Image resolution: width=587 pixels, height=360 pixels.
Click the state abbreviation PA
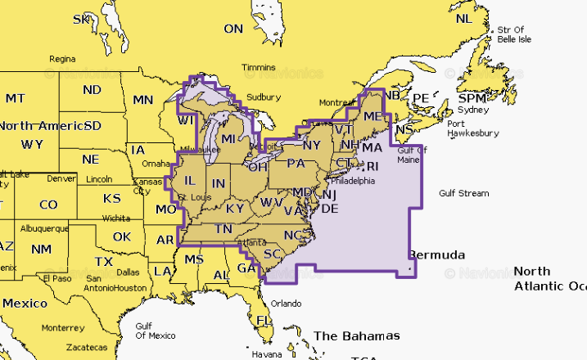[x=296, y=162]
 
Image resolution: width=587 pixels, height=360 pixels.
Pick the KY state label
[x=234, y=208]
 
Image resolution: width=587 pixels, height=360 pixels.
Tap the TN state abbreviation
[x=223, y=229]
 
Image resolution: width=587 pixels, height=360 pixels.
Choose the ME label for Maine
[x=372, y=118]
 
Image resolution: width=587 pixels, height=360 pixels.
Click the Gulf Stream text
[x=463, y=193]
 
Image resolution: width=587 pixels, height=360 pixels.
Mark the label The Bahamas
[x=357, y=335]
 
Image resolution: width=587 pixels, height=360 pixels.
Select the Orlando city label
[x=286, y=303]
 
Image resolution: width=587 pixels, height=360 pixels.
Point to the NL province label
[x=463, y=18]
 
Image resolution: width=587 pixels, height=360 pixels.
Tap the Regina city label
[x=62, y=59]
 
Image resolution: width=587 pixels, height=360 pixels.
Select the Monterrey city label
[x=62, y=326]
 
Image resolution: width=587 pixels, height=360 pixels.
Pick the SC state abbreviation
[x=273, y=254]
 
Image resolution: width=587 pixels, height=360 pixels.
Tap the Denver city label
[x=61, y=178]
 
